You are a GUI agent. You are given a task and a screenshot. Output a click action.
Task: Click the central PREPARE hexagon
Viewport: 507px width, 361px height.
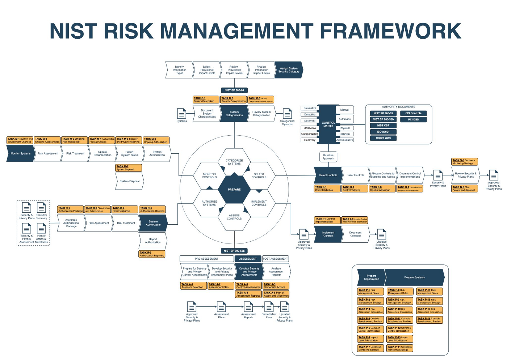click(x=234, y=189)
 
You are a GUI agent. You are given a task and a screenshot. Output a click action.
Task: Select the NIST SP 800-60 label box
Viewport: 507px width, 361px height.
click(x=234, y=90)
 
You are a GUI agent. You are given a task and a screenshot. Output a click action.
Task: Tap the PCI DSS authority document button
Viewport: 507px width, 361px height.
click(x=413, y=119)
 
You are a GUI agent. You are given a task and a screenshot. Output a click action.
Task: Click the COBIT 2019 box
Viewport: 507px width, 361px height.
click(x=383, y=138)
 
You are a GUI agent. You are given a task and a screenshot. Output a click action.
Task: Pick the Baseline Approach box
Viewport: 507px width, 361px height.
click(x=328, y=157)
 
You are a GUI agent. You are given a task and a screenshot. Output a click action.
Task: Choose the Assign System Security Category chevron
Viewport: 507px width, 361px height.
click(x=289, y=70)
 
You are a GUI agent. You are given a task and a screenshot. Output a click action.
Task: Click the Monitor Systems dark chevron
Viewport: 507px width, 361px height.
click(x=20, y=153)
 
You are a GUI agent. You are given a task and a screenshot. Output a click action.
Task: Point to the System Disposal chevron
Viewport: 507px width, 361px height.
click(x=129, y=181)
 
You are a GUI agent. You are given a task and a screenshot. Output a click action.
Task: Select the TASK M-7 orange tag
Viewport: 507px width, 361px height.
click(x=129, y=168)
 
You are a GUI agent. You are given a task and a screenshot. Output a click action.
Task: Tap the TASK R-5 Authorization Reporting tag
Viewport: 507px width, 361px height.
click(x=152, y=254)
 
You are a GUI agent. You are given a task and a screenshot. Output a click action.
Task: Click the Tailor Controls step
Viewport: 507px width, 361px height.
click(x=355, y=175)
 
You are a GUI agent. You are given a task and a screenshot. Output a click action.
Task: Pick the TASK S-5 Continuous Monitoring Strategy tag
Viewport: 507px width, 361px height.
click(x=464, y=161)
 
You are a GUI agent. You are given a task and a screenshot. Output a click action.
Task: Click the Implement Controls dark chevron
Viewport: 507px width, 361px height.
click(x=328, y=234)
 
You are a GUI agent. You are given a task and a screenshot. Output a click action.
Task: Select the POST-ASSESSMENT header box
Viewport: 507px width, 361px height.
click(x=275, y=259)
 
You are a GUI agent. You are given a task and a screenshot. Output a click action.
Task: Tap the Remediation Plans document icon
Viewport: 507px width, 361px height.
click(x=269, y=307)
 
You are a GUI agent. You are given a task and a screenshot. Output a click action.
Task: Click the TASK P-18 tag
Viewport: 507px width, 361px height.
click(x=429, y=320)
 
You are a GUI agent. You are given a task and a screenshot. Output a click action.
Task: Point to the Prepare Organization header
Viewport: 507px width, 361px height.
click(x=372, y=277)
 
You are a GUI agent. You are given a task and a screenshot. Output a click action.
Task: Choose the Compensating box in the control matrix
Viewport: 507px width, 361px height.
click(x=310, y=134)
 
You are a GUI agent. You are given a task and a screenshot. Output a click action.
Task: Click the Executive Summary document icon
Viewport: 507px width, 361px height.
click(x=42, y=208)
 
